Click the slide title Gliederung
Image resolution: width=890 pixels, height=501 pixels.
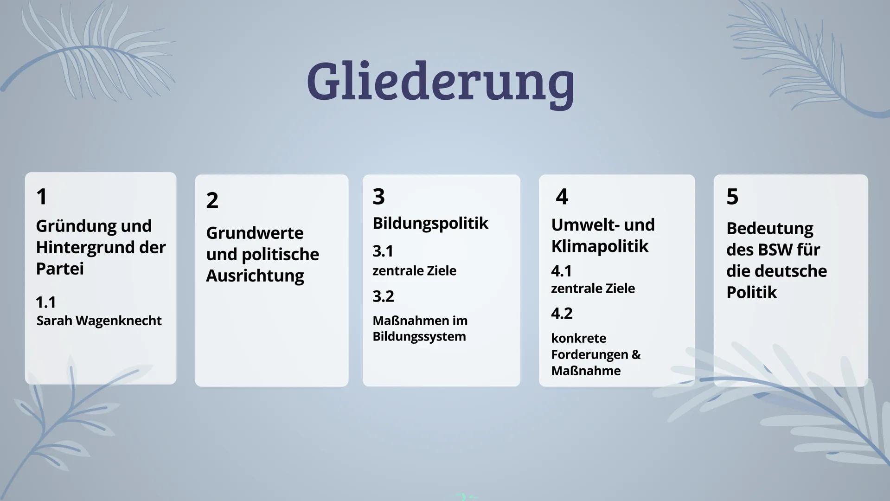[x=440, y=82]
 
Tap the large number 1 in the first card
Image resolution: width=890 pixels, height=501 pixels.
[x=42, y=197]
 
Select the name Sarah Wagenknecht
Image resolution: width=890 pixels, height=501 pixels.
[x=99, y=321]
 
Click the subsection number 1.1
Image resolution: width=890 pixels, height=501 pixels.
[x=46, y=302]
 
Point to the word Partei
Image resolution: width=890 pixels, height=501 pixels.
[x=60, y=269]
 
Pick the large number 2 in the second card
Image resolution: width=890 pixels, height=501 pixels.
[x=212, y=200]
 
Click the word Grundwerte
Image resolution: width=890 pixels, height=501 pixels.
[x=255, y=233]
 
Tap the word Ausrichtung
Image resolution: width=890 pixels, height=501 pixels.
[x=255, y=276]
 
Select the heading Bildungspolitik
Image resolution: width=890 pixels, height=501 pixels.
[x=430, y=223]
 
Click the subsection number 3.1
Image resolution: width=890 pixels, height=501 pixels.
[x=383, y=251]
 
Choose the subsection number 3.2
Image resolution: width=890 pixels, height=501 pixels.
[x=383, y=296]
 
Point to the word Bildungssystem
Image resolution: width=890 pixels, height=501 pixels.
[x=419, y=336]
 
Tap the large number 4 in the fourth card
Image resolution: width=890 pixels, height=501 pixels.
[x=562, y=197]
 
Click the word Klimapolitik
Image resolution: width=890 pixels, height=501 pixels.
[x=600, y=246]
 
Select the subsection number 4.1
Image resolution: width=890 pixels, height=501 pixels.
[x=561, y=270]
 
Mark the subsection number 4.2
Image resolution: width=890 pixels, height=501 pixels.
[x=562, y=313]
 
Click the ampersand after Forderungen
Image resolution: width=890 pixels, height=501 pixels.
[x=636, y=354]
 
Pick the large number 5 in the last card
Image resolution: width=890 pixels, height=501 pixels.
[x=732, y=197]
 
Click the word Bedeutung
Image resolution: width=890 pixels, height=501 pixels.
[x=769, y=228]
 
